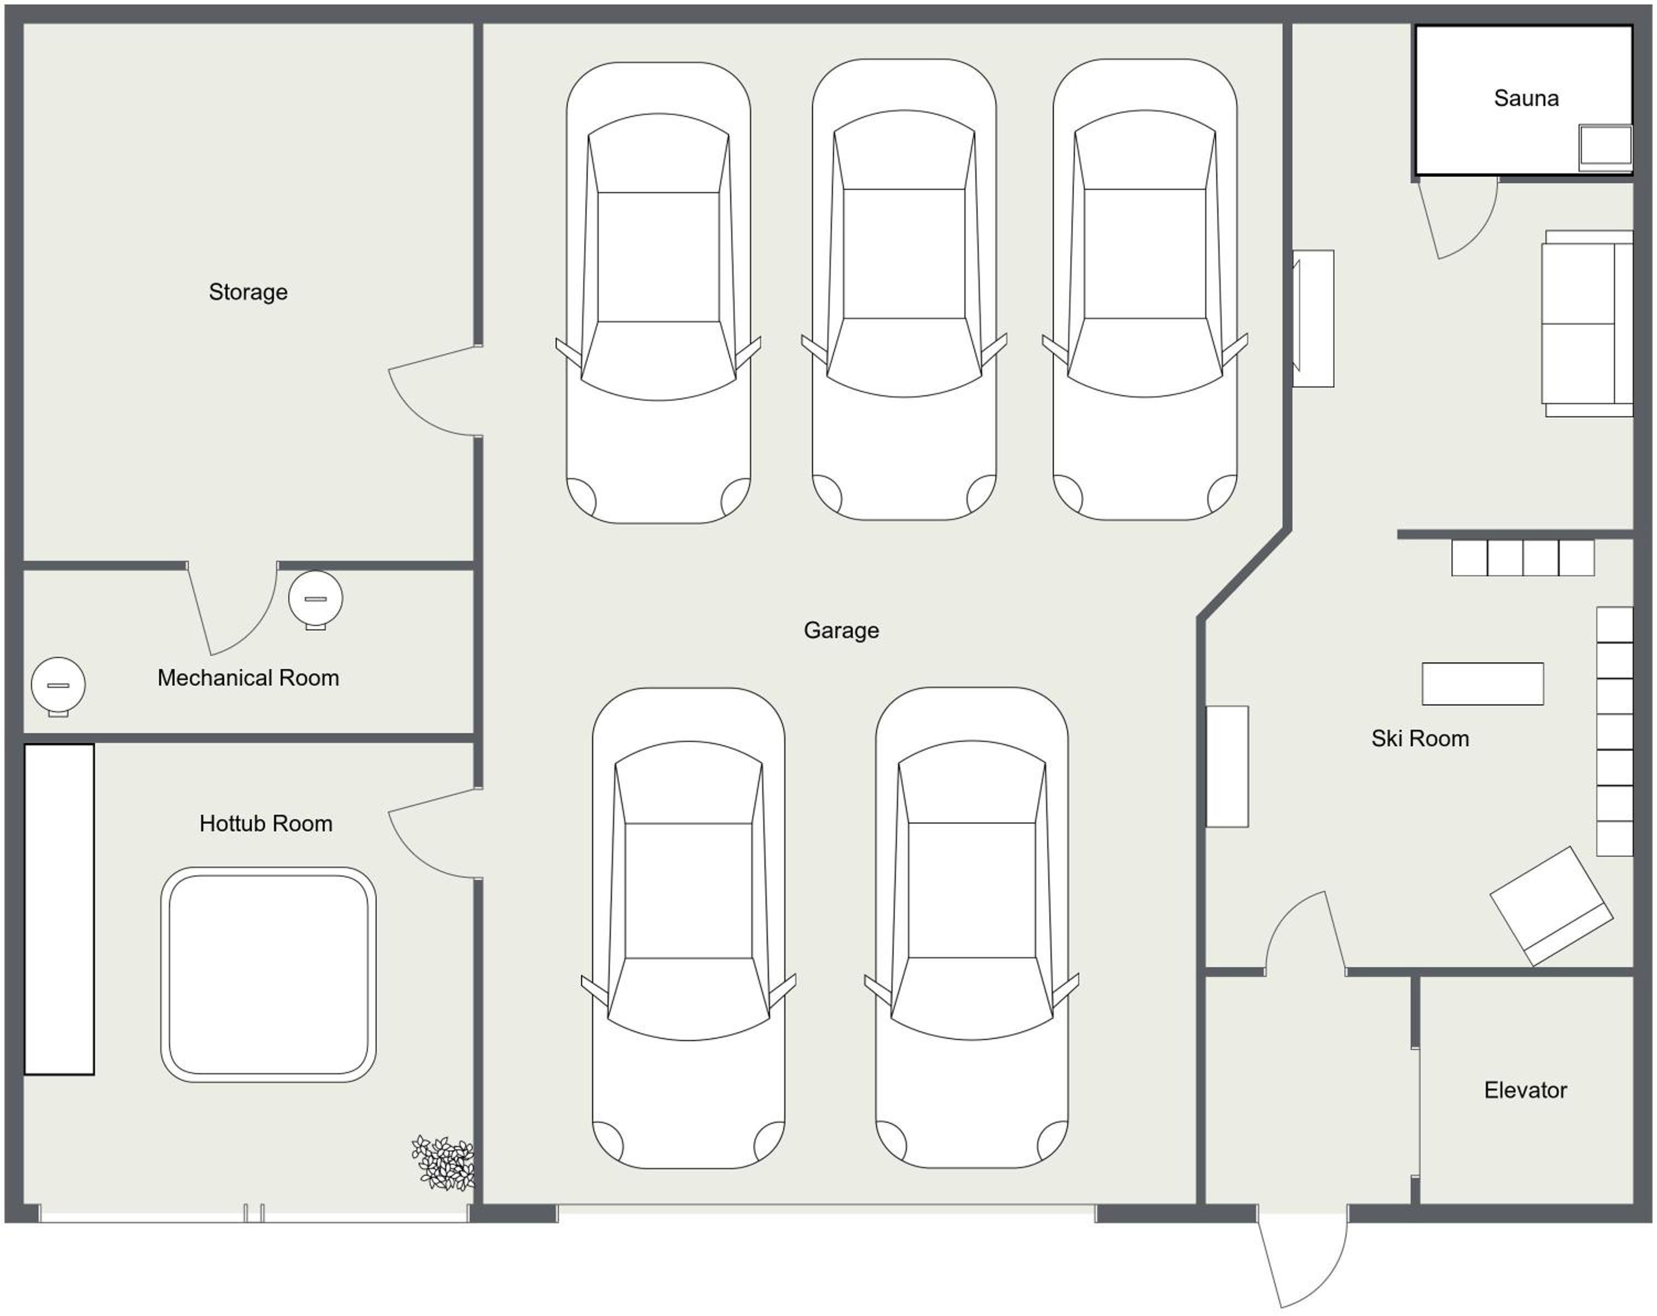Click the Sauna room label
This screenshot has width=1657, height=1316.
[x=1526, y=98]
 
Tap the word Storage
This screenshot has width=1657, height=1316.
[x=248, y=292]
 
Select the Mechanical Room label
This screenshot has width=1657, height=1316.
[x=248, y=677]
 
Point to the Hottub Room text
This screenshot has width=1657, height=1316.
[x=266, y=824]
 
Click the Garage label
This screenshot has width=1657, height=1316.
[x=842, y=630]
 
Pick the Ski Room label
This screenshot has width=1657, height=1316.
[x=1420, y=738]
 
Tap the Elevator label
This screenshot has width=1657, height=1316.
[x=1526, y=1090]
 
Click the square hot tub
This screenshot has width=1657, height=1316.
[x=268, y=975]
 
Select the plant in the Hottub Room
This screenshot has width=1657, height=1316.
[x=444, y=1163]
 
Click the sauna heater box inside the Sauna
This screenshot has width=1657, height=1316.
[x=1606, y=147]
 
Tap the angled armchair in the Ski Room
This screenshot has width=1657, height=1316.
[x=1552, y=906]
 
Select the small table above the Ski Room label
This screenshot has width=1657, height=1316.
[x=1482, y=684]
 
